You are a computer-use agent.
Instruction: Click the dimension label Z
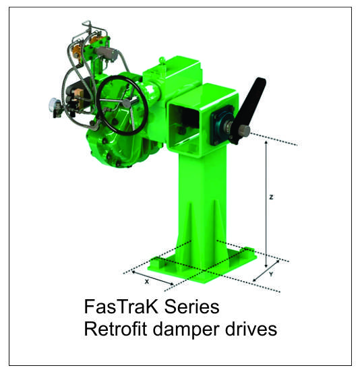pyautogui.click(x=271, y=197)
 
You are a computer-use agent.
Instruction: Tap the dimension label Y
pyautogui.click(x=271, y=274)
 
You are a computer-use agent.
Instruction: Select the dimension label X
pyautogui.click(x=147, y=282)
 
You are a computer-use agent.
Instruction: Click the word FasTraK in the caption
pyautogui.click(x=121, y=307)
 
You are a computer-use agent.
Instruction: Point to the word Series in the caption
pyautogui.click(x=191, y=307)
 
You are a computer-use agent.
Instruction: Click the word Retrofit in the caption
pyautogui.click(x=115, y=329)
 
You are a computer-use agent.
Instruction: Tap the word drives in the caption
pyautogui.click(x=251, y=329)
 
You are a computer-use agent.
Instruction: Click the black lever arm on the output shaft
pyautogui.click(x=251, y=105)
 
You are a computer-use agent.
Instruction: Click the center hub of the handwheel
pyautogui.click(x=127, y=103)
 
